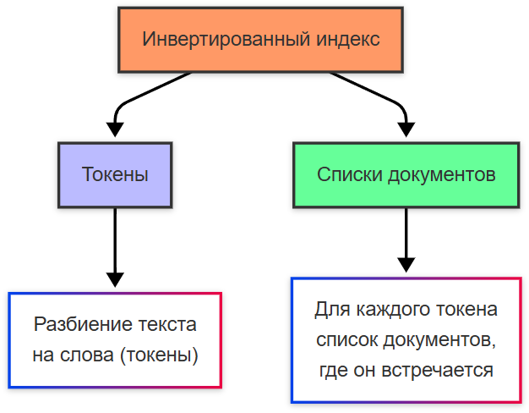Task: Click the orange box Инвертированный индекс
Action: click(261, 40)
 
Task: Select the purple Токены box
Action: click(115, 175)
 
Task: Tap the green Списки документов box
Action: click(406, 175)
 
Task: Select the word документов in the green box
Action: click(440, 175)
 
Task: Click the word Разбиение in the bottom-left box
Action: click(77, 324)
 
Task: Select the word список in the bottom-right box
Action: click(346, 339)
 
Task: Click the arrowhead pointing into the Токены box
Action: click(115, 129)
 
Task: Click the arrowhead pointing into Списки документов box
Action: click(406, 129)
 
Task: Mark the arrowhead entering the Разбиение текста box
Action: click(115, 280)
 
